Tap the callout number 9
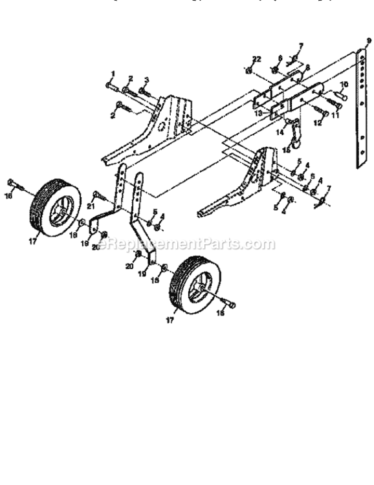coord(368,41)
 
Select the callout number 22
coord(256,59)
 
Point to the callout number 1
coord(112,73)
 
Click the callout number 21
coord(91,206)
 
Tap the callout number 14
coord(280,132)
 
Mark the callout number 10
coord(344,85)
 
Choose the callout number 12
coord(317,122)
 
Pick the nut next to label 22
coord(249,69)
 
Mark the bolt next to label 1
coord(111,85)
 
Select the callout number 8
coord(307,67)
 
